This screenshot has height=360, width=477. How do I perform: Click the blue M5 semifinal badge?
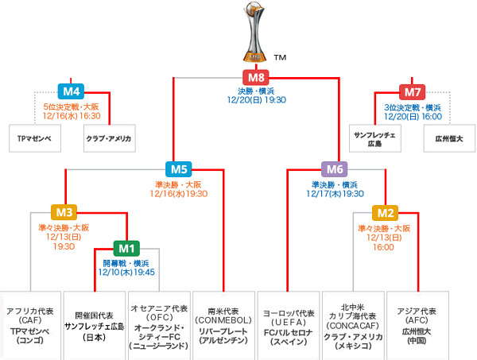point(178,168)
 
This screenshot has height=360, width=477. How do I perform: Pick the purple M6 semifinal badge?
point(335,168)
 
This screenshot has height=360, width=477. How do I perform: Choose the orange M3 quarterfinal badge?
point(64,212)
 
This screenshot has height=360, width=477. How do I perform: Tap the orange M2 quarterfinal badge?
point(386,212)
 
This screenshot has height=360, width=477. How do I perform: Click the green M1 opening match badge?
point(126,247)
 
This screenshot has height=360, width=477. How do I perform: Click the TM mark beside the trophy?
point(280,57)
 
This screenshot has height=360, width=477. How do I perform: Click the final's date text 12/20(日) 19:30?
point(256,99)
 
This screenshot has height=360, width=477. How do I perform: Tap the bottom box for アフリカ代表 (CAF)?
point(29,325)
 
